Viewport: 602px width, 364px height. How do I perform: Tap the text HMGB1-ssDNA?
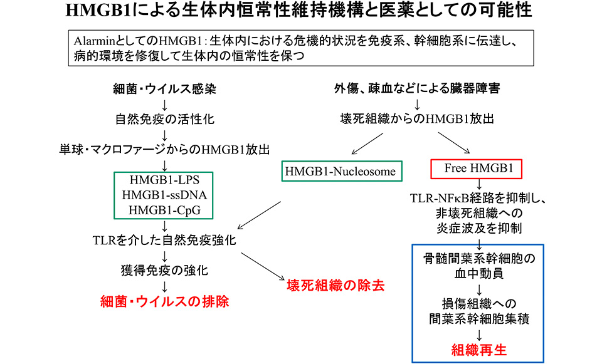[x=164, y=195]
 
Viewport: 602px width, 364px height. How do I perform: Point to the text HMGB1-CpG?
[x=164, y=211]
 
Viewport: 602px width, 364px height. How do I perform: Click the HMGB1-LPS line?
[x=164, y=180]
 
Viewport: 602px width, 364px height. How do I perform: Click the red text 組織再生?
[x=478, y=350]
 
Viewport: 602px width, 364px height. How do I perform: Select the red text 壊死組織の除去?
[x=335, y=285]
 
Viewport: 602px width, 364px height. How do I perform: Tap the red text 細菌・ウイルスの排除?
[x=164, y=301]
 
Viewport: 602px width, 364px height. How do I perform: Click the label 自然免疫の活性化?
[x=165, y=119]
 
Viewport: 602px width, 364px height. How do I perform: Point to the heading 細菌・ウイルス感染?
[x=164, y=89]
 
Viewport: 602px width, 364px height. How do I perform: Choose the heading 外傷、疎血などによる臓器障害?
[x=417, y=88]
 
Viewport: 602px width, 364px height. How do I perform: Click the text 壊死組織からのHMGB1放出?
[x=417, y=119]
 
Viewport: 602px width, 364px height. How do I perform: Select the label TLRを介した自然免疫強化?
[x=164, y=241]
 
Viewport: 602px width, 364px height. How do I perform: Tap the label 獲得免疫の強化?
[x=164, y=271]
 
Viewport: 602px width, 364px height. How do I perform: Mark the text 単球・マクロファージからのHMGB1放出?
[x=164, y=150]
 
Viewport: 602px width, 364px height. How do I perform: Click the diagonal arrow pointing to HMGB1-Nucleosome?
[x=367, y=144]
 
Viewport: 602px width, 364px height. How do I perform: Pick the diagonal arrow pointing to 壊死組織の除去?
[x=263, y=266]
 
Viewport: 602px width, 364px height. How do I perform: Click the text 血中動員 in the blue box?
[x=478, y=274]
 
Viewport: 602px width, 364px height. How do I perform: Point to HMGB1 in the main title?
[x=99, y=11]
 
